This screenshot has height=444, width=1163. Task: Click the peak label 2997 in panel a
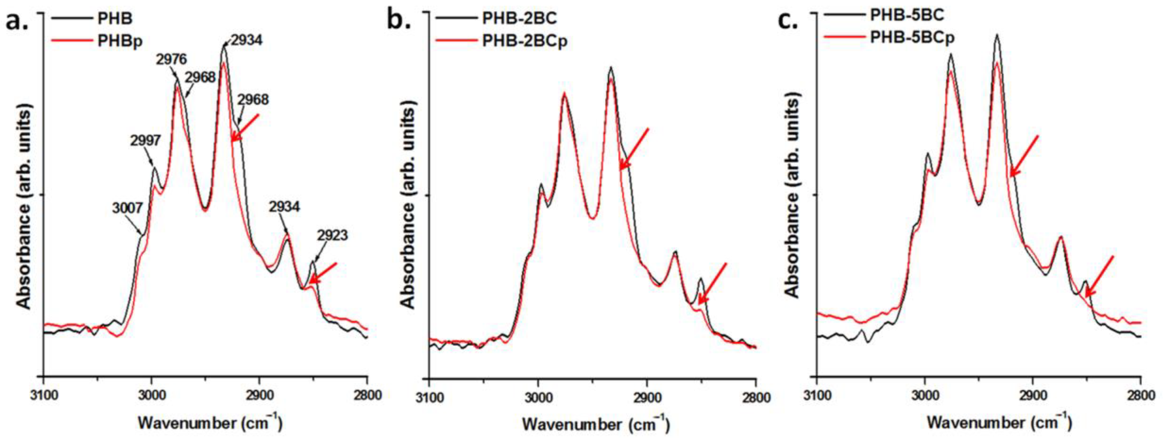tap(145, 141)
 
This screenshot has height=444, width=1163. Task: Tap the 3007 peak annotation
tap(128, 208)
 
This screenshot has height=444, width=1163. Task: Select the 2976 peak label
tap(171, 59)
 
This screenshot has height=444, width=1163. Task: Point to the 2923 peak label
tap(332, 235)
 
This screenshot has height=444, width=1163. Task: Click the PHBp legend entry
tap(120, 42)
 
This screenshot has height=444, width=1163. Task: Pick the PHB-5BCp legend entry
tap(912, 38)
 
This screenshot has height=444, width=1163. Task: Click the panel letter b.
tap(399, 21)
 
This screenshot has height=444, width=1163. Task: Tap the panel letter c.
tap(788, 21)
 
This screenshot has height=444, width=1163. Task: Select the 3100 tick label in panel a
tap(43, 395)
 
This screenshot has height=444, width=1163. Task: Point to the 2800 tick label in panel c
tap(1141, 395)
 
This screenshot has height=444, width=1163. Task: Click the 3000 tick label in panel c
tap(925, 395)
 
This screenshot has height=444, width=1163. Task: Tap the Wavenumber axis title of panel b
tap(596, 424)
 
